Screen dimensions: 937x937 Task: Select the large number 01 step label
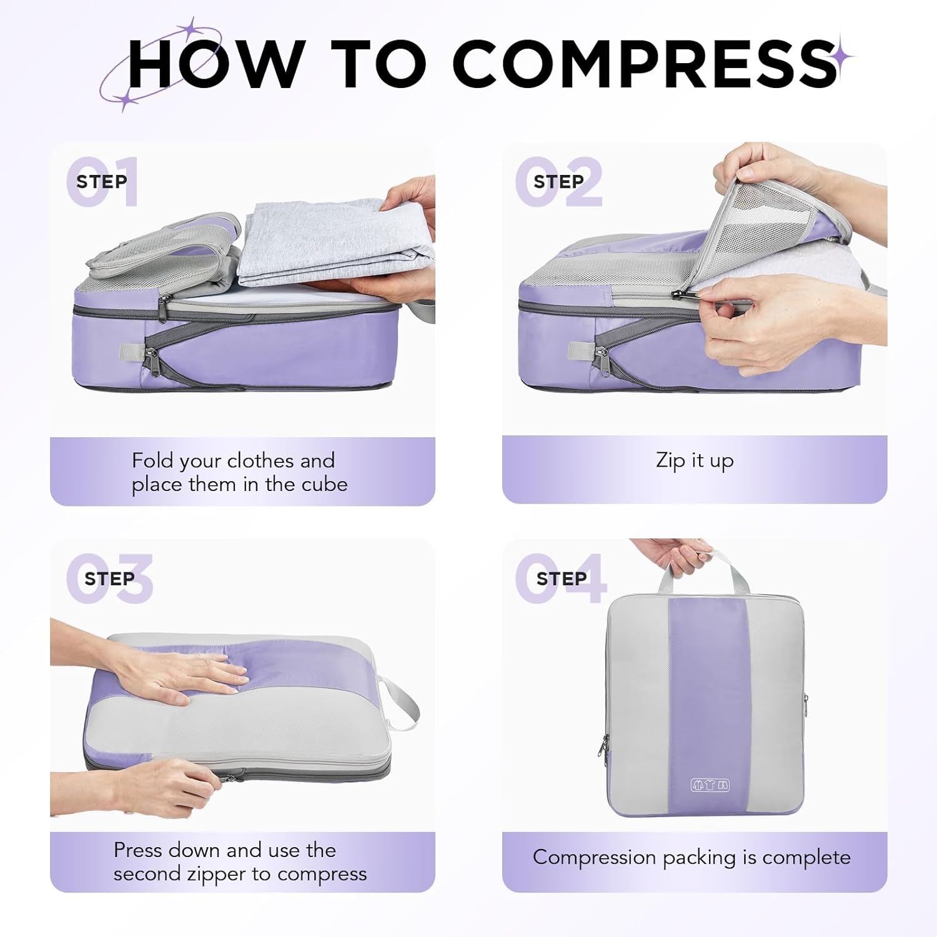tap(102, 182)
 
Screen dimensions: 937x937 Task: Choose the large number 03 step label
tap(110, 578)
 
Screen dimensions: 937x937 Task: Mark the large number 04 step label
tap(560, 578)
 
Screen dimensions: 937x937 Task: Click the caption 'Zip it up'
tap(695, 460)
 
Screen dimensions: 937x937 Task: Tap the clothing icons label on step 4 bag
tap(710, 785)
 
